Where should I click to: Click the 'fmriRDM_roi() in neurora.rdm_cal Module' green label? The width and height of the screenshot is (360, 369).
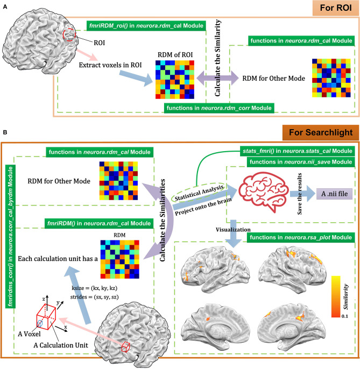pyautogui.click(x=143, y=26)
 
